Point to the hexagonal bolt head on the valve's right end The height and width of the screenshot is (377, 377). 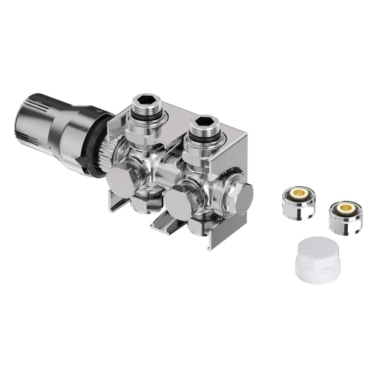(244, 197)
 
